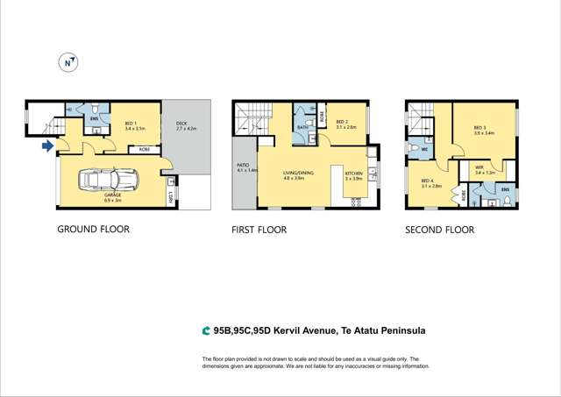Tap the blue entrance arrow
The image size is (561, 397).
(x=46, y=146)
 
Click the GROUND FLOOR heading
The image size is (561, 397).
(x=93, y=230)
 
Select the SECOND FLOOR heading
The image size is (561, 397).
(x=439, y=230)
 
